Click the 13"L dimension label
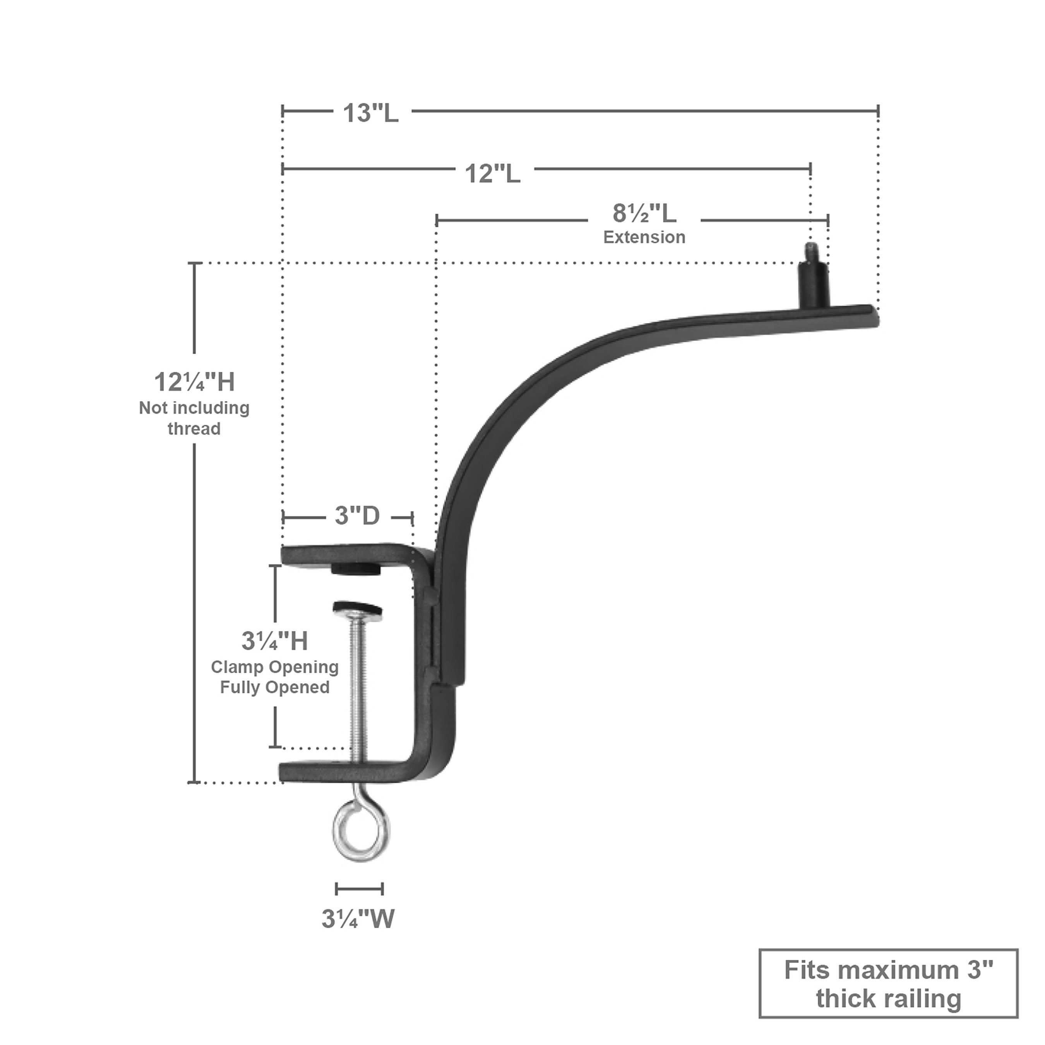[x=371, y=113]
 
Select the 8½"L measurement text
[x=644, y=213]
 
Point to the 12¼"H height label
[x=195, y=382]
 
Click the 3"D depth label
[x=358, y=516]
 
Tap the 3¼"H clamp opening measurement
[x=275, y=641]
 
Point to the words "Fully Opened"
[x=275, y=687]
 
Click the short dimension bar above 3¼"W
[x=359, y=889]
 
